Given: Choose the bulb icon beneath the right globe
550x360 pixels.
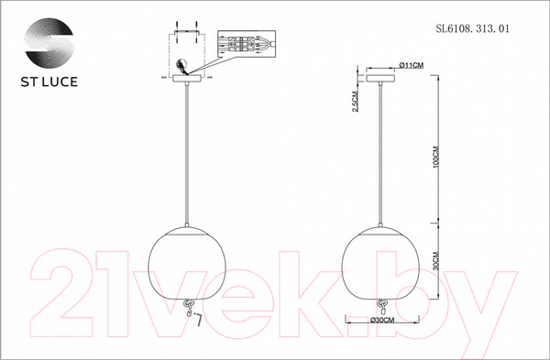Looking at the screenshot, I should coord(379,309).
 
